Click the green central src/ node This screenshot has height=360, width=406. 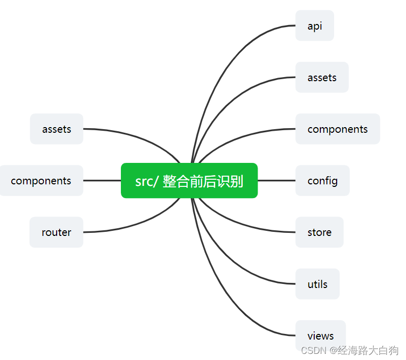click(189, 180)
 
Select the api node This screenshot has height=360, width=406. click(314, 26)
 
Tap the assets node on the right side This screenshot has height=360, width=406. click(321, 78)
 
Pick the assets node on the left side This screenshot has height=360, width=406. click(57, 129)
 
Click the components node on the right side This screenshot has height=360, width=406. click(337, 129)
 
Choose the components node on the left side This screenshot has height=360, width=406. click(41, 181)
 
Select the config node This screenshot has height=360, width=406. click(322, 181)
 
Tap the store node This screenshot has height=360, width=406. click(319, 232)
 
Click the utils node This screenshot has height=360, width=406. click(317, 284)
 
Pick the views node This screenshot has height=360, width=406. click(320, 336)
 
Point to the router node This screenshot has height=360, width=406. click(56, 232)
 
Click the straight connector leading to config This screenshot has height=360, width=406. click(276, 180)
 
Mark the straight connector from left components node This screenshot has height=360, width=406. click(102, 180)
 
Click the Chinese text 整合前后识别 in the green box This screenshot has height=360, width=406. click(203, 181)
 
